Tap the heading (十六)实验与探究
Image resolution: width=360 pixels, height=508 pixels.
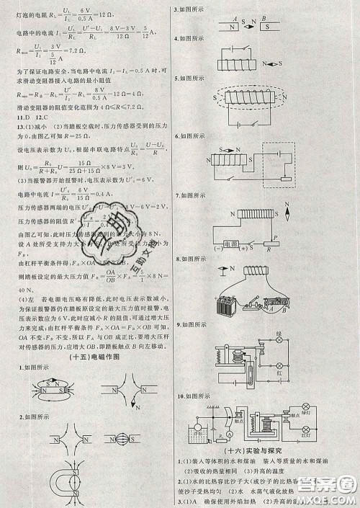pos(269,450)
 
